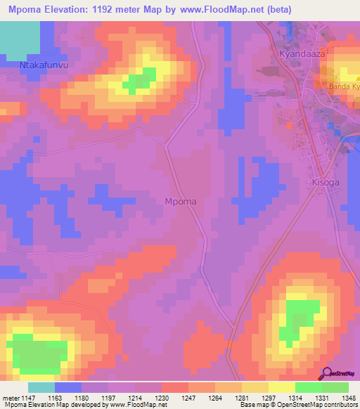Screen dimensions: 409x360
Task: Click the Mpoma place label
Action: pos(180,202)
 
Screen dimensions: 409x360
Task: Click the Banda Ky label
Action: pos(344,87)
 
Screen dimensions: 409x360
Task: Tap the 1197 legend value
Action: pos(109,397)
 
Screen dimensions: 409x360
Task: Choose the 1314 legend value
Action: pos(296,397)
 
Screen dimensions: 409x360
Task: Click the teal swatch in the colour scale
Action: pos(41,387)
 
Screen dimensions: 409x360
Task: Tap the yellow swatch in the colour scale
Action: pos(282,387)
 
